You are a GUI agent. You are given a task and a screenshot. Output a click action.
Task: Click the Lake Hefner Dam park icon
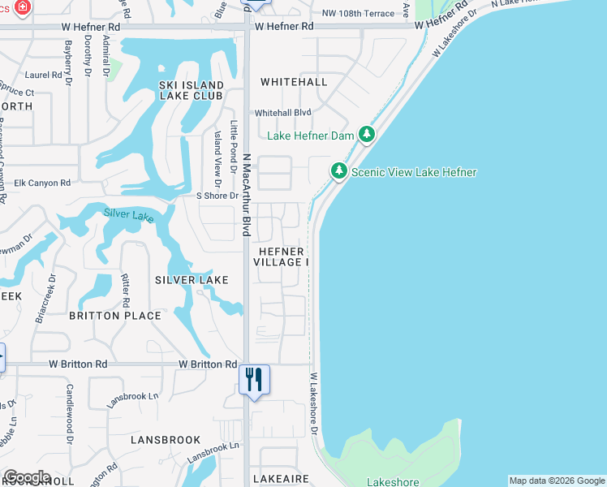point(367,134)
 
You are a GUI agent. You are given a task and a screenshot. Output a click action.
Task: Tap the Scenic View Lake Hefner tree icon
point(338,171)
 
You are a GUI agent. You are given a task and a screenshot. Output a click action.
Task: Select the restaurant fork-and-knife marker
point(254,379)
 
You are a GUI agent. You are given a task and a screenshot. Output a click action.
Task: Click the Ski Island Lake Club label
point(192,90)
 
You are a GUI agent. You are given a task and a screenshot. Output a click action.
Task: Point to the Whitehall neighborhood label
point(294,82)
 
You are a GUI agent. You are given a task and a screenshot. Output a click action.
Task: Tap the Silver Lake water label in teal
point(128,215)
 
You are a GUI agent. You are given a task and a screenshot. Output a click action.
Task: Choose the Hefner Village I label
point(281,256)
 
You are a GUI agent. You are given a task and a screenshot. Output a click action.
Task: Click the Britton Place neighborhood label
point(104,315)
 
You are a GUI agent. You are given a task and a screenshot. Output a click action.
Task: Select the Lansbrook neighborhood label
point(166,440)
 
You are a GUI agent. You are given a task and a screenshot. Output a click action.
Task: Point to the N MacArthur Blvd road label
point(246,195)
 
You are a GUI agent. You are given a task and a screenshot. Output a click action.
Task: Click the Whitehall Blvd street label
point(283,113)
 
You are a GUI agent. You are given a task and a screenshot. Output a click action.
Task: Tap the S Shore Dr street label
point(217,196)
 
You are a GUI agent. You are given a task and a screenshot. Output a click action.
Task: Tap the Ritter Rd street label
point(126,283)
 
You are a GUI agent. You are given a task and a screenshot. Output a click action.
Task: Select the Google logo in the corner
point(27,477)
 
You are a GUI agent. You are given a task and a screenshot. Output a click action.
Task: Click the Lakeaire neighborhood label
point(281,480)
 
